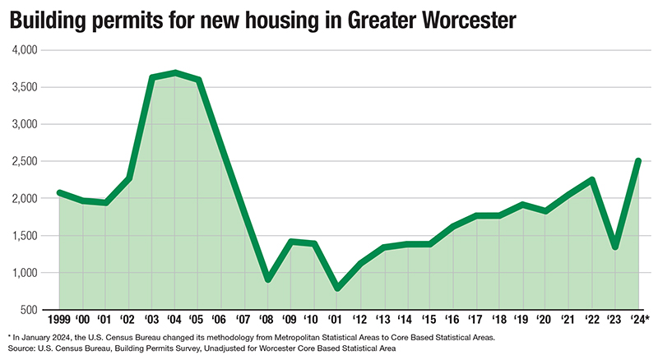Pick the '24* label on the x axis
[x=639, y=318]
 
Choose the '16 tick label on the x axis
[x=453, y=318]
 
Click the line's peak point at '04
[x=175, y=73]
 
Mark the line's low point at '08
[x=267, y=279]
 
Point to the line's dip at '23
[x=615, y=247]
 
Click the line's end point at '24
[x=637, y=161]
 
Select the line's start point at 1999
[x=59, y=192]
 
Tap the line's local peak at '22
[x=591, y=179]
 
